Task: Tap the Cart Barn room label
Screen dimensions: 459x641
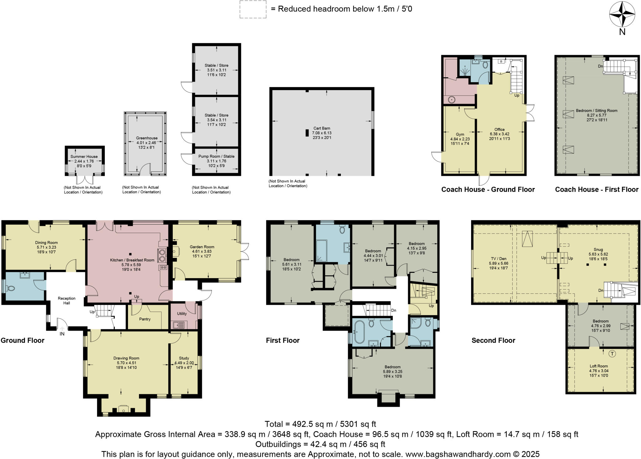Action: [x=321, y=128]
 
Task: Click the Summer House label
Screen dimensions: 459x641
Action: [x=84, y=156]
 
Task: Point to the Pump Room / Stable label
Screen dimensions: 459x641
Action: [x=216, y=156]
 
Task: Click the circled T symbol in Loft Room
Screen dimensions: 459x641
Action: [x=612, y=354]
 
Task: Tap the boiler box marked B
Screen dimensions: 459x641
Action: [x=501, y=61]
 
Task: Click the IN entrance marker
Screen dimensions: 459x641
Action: [x=62, y=334]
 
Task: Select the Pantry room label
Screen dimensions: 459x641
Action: [x=145, y=319]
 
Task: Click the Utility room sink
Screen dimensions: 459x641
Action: [x=179, y=325]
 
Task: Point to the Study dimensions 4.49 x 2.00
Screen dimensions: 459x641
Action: [x=184, y=363]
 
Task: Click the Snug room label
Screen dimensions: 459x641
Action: [x=598, y=249]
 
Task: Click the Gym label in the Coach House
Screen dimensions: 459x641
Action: [x=460, y=134]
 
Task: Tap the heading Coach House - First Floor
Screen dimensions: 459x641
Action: [x=597, y=189]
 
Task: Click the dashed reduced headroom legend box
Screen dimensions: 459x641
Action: [x=253, y=9]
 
